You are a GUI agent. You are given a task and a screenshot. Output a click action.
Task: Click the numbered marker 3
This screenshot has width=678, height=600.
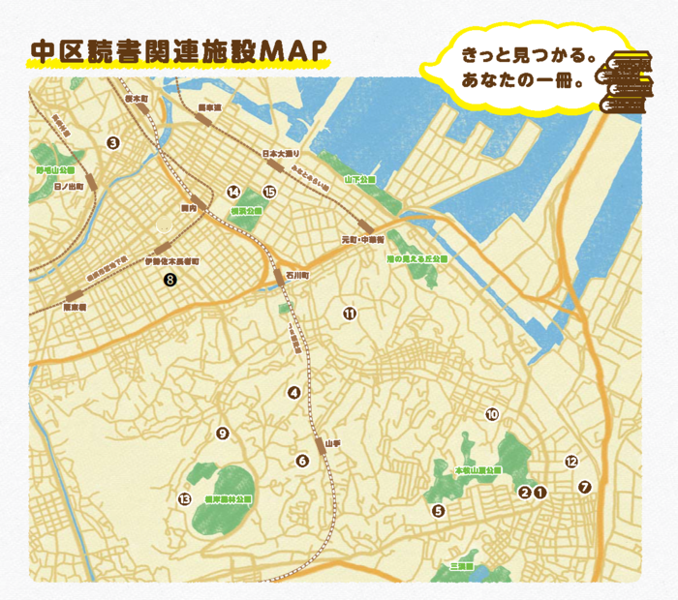tap(113, 143)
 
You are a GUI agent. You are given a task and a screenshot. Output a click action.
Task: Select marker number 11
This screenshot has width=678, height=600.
tap(350, 313)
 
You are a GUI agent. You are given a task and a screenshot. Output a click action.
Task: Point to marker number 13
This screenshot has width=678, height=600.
tap(184, 499)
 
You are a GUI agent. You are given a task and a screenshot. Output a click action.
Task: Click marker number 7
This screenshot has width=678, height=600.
tap(583, 487)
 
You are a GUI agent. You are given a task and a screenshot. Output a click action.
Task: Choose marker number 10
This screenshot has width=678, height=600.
tap(491, 414)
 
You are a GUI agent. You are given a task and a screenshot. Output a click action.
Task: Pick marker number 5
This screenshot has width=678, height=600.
tap(438, 511)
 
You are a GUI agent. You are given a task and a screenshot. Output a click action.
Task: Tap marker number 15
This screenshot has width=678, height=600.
tap(269, 192)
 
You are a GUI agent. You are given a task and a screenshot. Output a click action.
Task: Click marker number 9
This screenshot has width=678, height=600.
tap(222, 433)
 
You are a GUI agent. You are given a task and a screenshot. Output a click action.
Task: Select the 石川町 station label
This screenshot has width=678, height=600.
tap(297, 275)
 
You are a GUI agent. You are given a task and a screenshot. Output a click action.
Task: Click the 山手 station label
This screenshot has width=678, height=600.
tap(332, 442)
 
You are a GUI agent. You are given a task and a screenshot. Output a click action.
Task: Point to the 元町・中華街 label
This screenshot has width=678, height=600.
tap(363, 238)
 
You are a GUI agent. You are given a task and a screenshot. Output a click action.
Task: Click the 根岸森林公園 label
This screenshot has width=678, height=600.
tap(229, 499)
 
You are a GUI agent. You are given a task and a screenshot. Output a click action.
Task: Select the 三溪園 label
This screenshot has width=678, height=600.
tap(459, 565)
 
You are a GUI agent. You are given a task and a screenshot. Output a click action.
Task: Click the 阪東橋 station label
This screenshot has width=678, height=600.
tap(75, 307)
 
